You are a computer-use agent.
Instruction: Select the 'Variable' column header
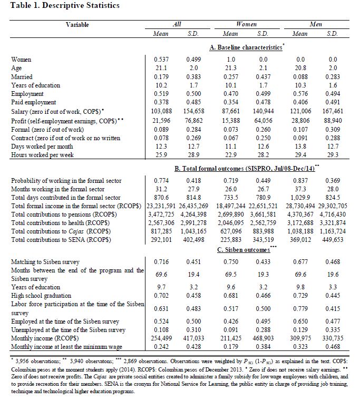pos(77,24)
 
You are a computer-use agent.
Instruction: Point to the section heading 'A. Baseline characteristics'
pos(245,47)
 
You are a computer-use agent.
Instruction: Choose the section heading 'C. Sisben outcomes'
pos(244,249)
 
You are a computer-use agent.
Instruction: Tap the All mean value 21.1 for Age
pos(161,67)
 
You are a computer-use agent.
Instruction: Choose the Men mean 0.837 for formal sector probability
pos(300,181)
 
